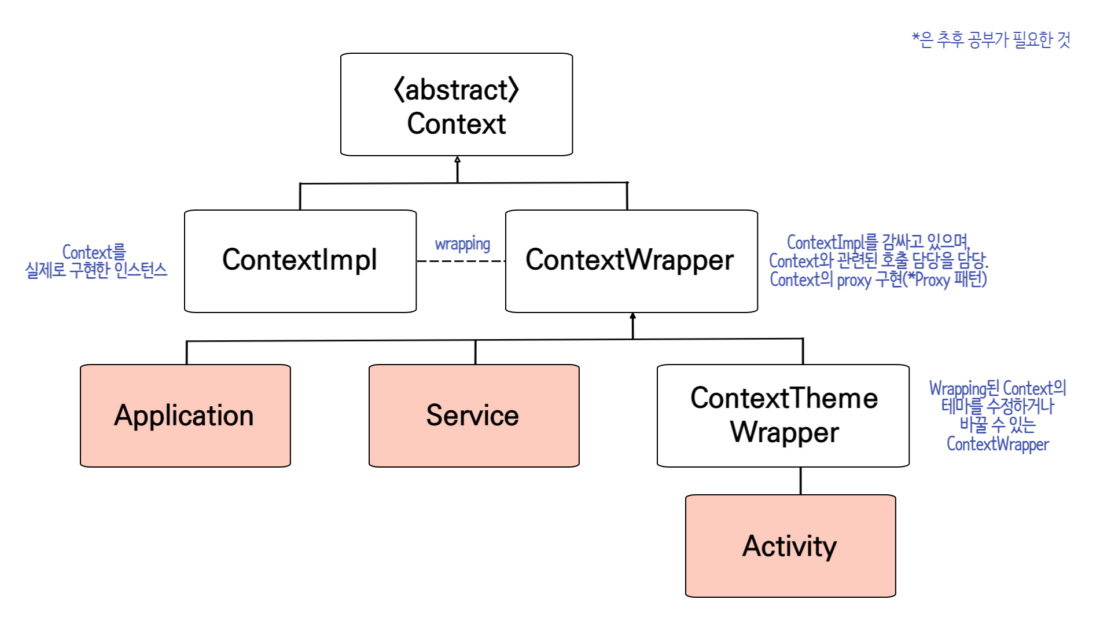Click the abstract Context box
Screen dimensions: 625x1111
[457, 105]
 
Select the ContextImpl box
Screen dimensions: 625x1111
[300, 261]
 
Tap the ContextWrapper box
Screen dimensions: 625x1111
[631, 261]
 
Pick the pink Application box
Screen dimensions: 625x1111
[185, 416]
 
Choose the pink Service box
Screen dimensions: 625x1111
[474, 416]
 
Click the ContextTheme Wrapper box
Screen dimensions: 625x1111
[783, 416]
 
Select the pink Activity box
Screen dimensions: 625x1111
[790, 546]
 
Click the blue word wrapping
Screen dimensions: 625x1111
[462, 244]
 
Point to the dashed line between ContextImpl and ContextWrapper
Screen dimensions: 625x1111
[461, 261]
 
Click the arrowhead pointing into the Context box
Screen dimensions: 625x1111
[457, 160]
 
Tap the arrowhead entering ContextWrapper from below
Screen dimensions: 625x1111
[632, 317]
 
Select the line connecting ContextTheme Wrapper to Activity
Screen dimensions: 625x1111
[800, 481]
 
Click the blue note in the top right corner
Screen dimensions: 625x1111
[991, 40]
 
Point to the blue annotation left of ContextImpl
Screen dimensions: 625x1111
[96, 261]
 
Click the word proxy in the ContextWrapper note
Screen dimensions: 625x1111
[854, 280]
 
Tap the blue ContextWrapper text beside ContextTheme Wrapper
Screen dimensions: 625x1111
[998, 444]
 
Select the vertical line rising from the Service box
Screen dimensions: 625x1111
[475, 352]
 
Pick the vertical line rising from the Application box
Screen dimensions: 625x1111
[186, 353]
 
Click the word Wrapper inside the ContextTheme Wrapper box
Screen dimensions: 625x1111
[784, 432]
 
